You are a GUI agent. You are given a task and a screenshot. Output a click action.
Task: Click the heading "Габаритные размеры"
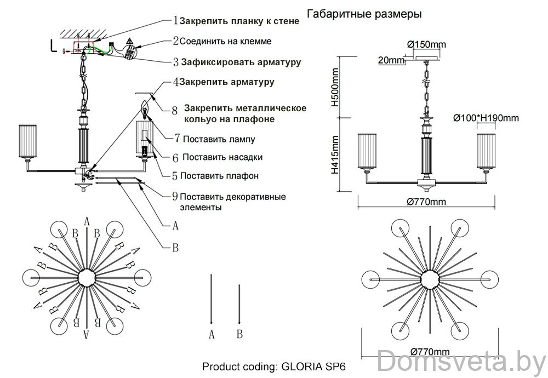pyautogui.click(x=364, y=14)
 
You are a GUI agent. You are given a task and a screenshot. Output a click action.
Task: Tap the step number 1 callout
pyautogui.click(x=175, y=21)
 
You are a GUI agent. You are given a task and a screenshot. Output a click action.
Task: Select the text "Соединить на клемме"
pyautogui.click(x=226, y=41)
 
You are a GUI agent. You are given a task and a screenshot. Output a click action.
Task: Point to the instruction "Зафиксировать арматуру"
pyautogui.click(x=241, y=62)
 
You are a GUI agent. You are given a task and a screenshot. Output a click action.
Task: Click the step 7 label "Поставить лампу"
pyautogui.click(x=219, y=139)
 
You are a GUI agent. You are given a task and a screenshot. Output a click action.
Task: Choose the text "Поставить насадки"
pyautogui.click(x=222, y=157)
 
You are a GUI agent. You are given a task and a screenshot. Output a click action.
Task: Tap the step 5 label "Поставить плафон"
pyautogui.click(x=219, y=176)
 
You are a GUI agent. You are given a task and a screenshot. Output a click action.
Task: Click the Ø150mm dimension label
pyautogui.click(x=427, y=44)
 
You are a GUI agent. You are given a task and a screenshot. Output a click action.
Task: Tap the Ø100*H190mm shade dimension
pyautogui.click(x=486, y=118)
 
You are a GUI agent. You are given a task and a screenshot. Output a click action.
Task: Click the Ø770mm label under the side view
pyautogui.click(x=427, y=202)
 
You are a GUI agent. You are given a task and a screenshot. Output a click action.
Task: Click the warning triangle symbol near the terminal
pyautogui.click(x=129, y=42)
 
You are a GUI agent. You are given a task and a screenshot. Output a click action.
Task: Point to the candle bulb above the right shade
pyautogui.click(x=145, y=110)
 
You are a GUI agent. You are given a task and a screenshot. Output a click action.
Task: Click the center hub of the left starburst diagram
pyautogui.click(x=87, y=278)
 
